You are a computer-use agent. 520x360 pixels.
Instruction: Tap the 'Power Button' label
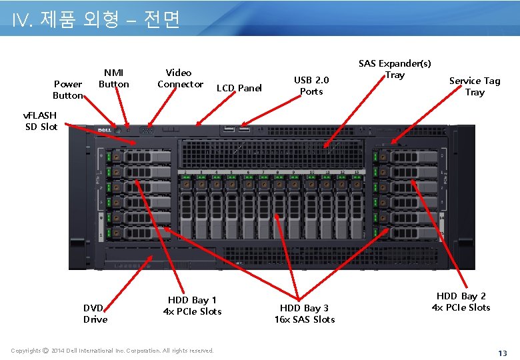[68, 89]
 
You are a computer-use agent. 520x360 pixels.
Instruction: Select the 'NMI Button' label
[114, 78]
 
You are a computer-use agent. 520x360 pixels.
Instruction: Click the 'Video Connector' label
[179, 78]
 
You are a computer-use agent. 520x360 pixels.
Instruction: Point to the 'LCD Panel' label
[239, 88]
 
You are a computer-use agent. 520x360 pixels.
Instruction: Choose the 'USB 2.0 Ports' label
[311, 85]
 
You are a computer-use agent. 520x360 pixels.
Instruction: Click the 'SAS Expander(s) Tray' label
[395, 69]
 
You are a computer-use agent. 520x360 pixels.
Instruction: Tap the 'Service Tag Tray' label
[475, 86]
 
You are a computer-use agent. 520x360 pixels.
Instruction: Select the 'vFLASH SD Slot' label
[41, 121]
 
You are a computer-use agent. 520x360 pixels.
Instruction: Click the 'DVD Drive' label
[95, 313]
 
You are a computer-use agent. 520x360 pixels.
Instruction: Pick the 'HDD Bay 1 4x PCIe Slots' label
[192, 305]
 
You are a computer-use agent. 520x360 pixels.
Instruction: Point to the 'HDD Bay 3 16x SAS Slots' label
[305, 313]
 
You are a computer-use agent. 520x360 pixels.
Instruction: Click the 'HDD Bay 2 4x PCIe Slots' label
[461, 301]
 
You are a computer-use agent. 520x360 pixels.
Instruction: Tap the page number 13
[503, 352]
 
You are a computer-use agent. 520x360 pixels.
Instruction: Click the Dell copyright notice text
[112, 351]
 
